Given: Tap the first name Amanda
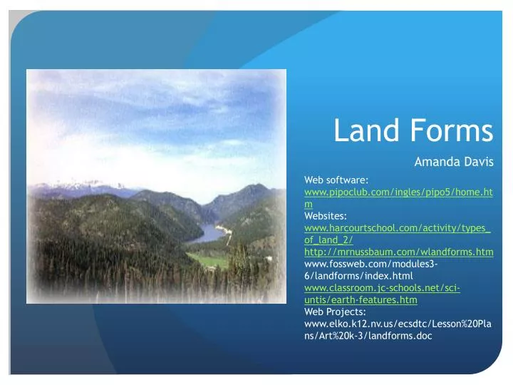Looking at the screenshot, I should pyautogui.click(x=436, y=162).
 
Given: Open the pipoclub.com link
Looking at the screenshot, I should pyautogui.click(x=398, y=192).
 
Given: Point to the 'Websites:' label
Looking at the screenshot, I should pyautogui.click(x=326, y=216).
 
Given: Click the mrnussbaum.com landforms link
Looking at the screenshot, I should pyautogui.click(x=398, y=252).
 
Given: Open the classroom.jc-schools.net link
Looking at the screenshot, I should pyautogui.click(x=382, y=288).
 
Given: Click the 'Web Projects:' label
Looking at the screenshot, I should pyautogui.click(x=335, y=312).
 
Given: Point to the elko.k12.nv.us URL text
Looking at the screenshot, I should pyautogui.click(x=398, y=324).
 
